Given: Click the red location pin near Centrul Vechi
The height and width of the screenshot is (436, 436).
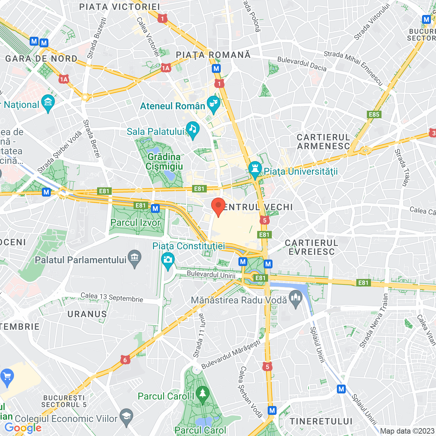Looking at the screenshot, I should [218, 206].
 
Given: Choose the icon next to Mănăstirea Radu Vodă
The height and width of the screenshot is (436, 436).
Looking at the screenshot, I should [295, 298].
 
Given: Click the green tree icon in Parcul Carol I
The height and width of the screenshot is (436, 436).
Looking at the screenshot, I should [203, 394].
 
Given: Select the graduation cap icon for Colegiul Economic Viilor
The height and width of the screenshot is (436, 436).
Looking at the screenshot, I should [126, 417].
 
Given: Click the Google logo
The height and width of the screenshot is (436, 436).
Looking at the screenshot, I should [23, 428].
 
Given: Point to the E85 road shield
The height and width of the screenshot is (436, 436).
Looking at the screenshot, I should [374, 114].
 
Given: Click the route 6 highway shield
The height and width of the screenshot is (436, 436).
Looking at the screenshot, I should [125, 360].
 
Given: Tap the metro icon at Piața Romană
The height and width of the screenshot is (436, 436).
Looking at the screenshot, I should [216, 68].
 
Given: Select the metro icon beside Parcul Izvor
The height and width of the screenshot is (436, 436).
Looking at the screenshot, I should [155, 208].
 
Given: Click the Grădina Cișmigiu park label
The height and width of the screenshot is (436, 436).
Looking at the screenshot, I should [164, 161].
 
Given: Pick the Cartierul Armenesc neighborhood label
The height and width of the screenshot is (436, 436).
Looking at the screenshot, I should [324, 142].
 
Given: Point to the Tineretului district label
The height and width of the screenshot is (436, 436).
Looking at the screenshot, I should [321, 421].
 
